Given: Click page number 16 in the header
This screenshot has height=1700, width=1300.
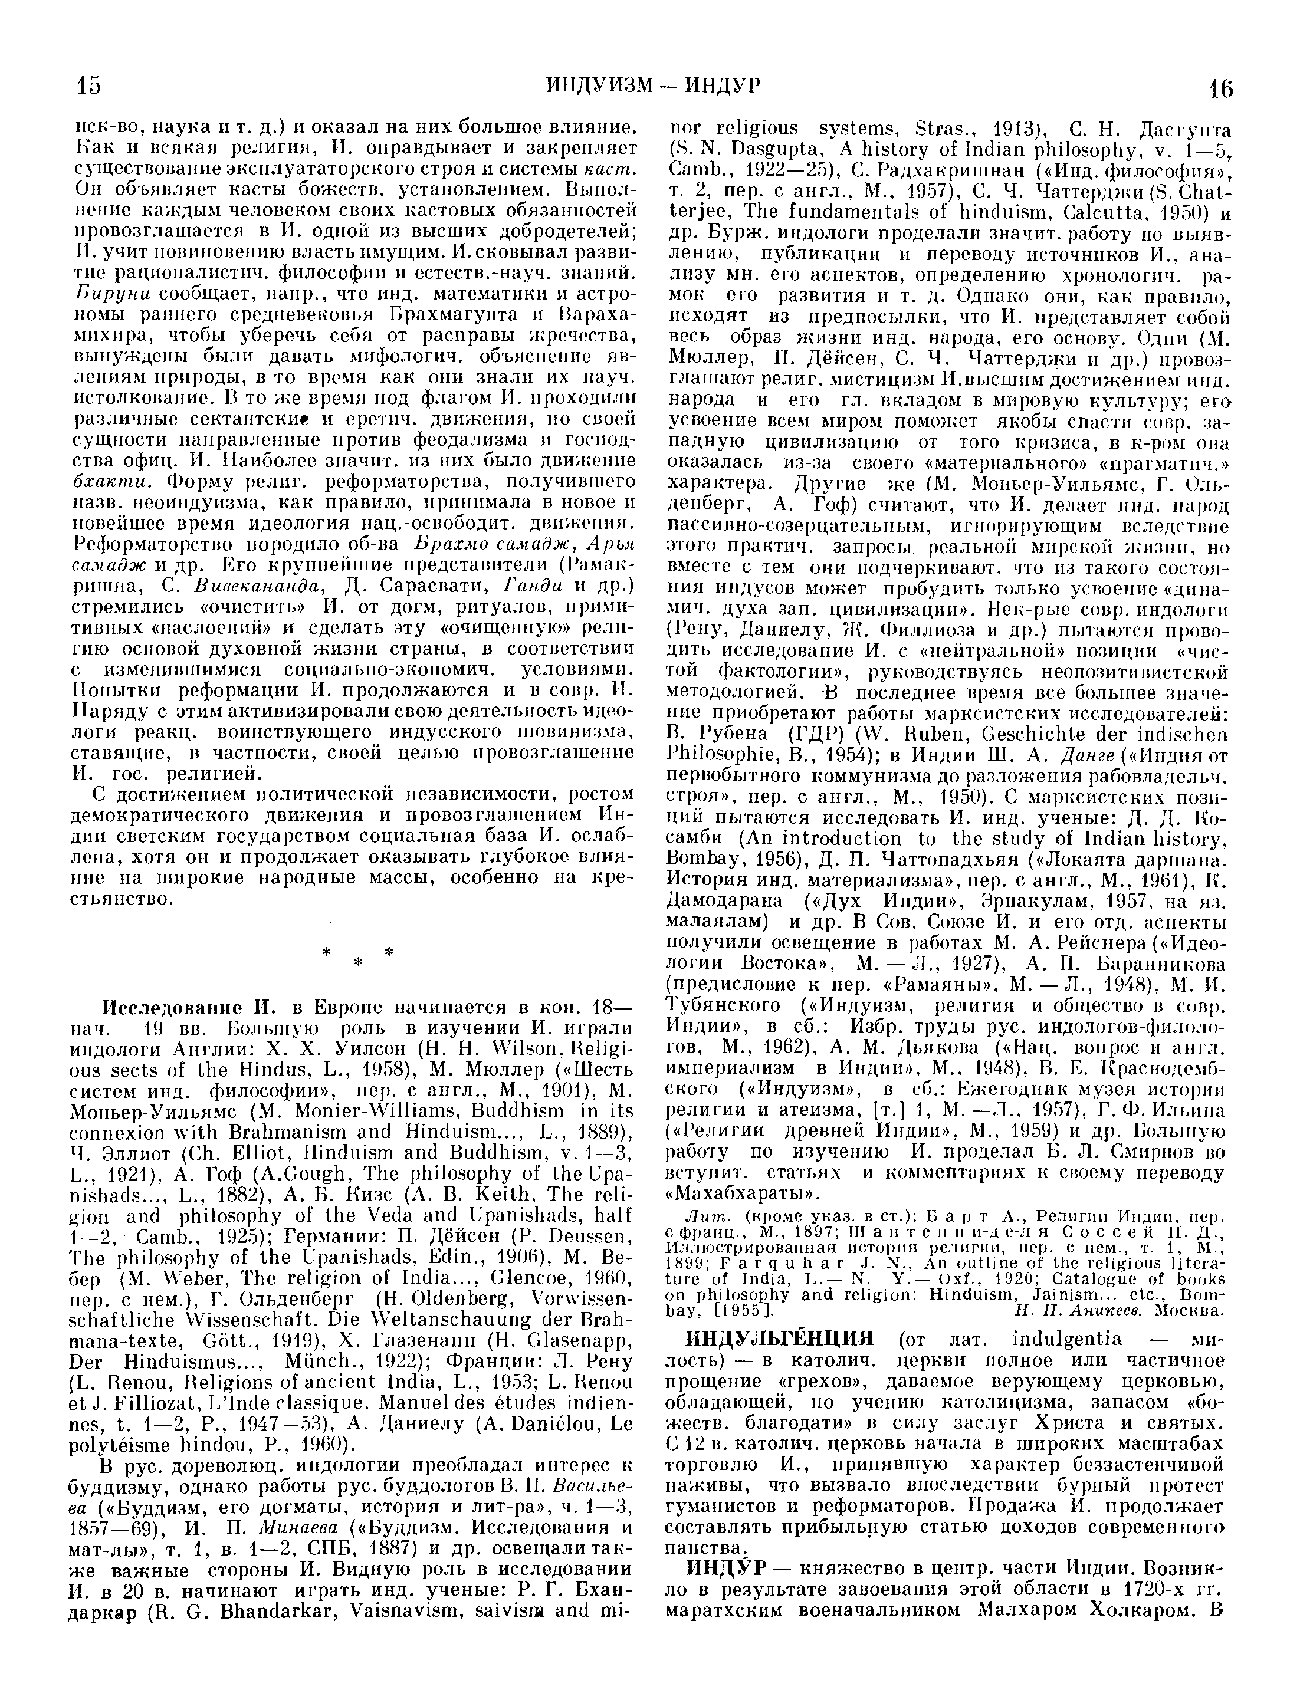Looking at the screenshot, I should point(1222,89).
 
